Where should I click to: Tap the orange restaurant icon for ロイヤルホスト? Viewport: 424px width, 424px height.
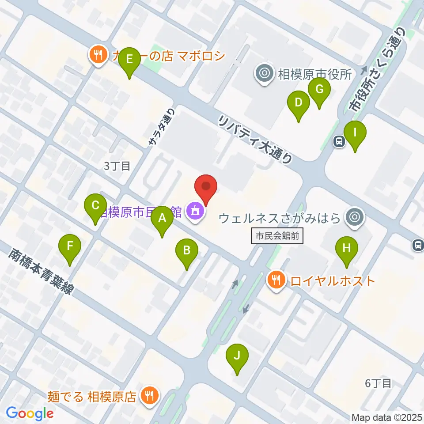[276, 280]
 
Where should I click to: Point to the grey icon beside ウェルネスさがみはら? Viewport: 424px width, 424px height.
[354, 217]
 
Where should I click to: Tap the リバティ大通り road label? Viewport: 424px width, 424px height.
[256, 140]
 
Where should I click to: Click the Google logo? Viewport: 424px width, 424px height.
[30, 413]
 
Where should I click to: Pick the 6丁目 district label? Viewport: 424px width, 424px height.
[378, 383]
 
